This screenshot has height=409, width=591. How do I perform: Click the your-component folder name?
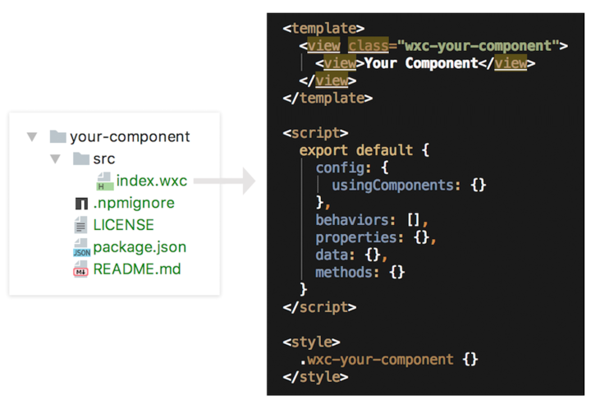coord(130,137)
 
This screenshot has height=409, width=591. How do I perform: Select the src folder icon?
coord(81,159)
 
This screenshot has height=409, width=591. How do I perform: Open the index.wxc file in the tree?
coord(152,181)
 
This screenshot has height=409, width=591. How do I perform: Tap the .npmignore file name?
coord(134,203)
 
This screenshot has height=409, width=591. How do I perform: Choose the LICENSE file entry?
coord(124,225)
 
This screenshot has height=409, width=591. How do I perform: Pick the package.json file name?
coord(140,247)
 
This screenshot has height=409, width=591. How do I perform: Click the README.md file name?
coord(137,269)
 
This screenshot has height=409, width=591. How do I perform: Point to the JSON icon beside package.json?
coord(81,248)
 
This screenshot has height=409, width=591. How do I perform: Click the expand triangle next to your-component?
coord(32,137)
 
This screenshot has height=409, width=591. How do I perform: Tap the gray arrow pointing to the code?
coord(225,182)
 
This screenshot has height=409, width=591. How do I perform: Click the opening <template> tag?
coord(323,28)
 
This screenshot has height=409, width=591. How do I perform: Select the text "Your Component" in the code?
coord(421,63)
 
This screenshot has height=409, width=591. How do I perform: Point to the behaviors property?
coord(355,220)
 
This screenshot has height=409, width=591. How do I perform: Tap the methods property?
coord(347,272)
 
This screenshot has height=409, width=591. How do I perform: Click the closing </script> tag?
coord(319,307)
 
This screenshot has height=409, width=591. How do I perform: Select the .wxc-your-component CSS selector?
coord(377,359)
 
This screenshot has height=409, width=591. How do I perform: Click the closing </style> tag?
coord(315,377)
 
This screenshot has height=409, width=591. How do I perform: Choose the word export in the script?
coord(323,150)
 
